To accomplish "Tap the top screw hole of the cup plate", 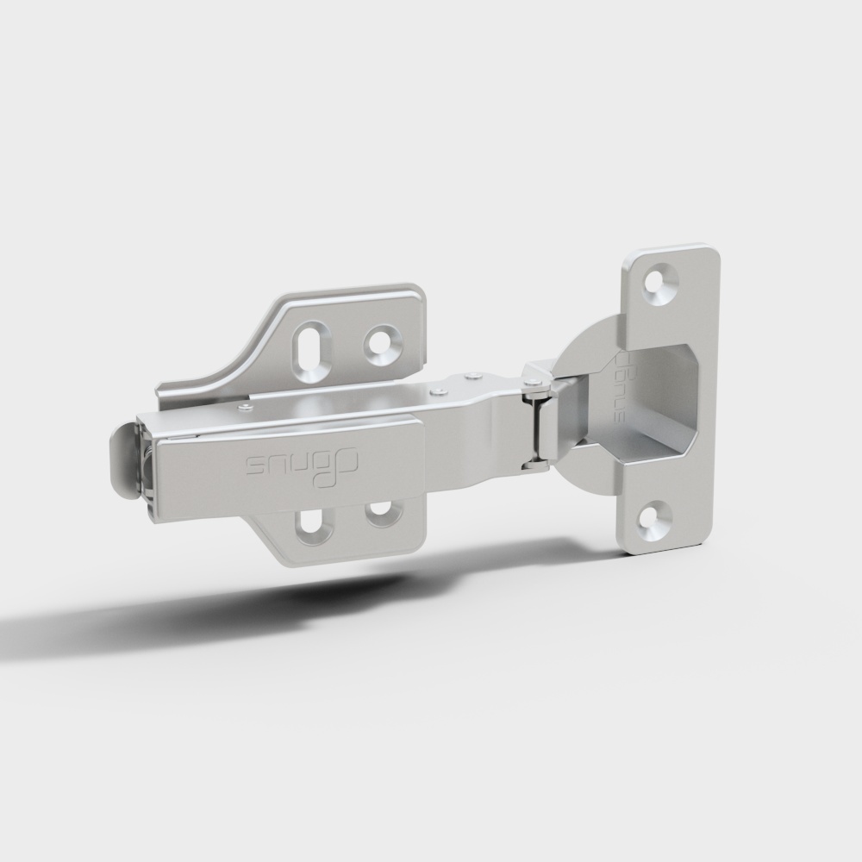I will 662,284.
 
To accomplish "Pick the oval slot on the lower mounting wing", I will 311,524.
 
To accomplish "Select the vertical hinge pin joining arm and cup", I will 535,422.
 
